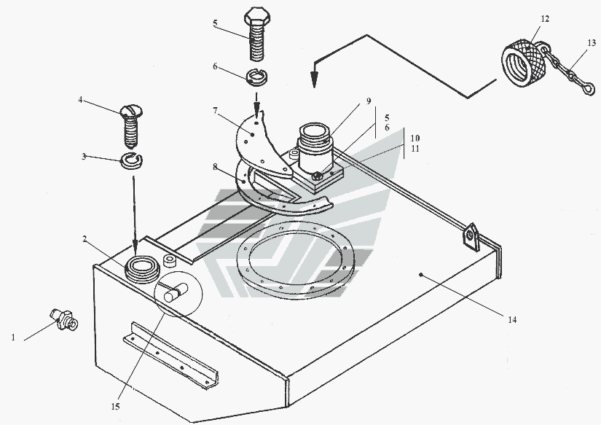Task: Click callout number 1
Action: coord(13,338)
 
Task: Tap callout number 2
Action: coord(85,238)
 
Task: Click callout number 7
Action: coord(215,112)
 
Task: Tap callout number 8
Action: coord(215,166)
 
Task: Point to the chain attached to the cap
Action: coord(568,75)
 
